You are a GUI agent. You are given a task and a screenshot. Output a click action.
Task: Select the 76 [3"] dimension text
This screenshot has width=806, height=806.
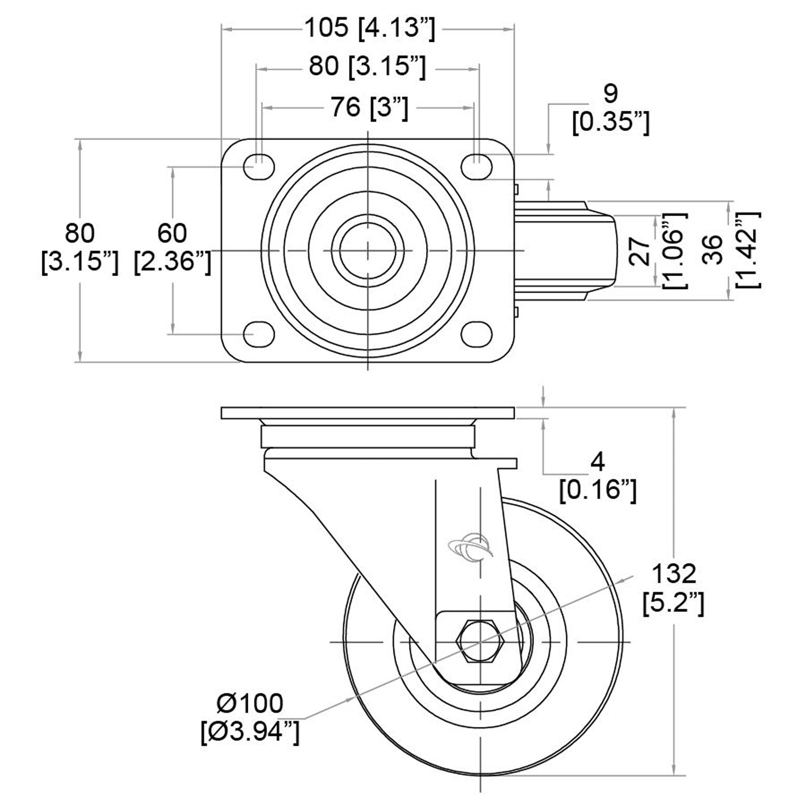coord(369,108)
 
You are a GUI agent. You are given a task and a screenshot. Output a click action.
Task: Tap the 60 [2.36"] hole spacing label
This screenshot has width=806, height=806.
coord(172,248)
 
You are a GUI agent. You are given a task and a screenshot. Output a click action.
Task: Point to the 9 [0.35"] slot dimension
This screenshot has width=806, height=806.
coord(610,108)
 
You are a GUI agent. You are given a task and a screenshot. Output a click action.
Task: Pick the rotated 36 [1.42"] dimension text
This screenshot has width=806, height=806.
coord(730,250)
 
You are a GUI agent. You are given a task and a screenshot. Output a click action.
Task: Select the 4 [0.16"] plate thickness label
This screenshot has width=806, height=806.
coord(598,476)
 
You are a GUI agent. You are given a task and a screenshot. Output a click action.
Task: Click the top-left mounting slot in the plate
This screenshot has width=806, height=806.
coord(259,167)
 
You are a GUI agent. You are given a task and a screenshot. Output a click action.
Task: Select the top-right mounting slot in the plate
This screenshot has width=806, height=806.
coord(476,167)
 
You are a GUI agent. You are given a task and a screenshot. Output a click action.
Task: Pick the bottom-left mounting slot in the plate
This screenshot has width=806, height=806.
coord(259,334)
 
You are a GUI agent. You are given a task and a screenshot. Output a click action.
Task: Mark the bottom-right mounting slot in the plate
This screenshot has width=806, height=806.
coord(476,334)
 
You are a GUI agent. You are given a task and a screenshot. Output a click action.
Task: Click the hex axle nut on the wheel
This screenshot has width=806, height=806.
coord(481,642)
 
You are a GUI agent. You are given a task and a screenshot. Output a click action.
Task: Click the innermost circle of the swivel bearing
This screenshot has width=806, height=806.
coord(368,250)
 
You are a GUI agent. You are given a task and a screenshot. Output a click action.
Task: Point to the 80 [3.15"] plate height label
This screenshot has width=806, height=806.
coord(79,248)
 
